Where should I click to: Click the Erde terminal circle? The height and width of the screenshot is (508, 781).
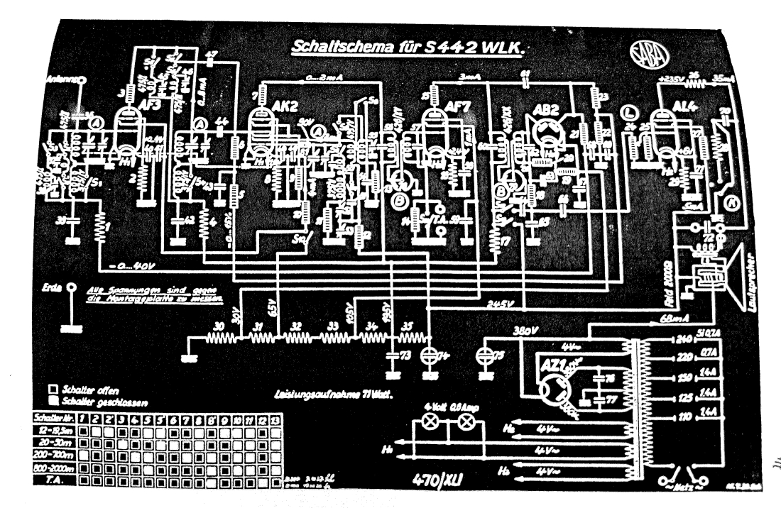point(71,289)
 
